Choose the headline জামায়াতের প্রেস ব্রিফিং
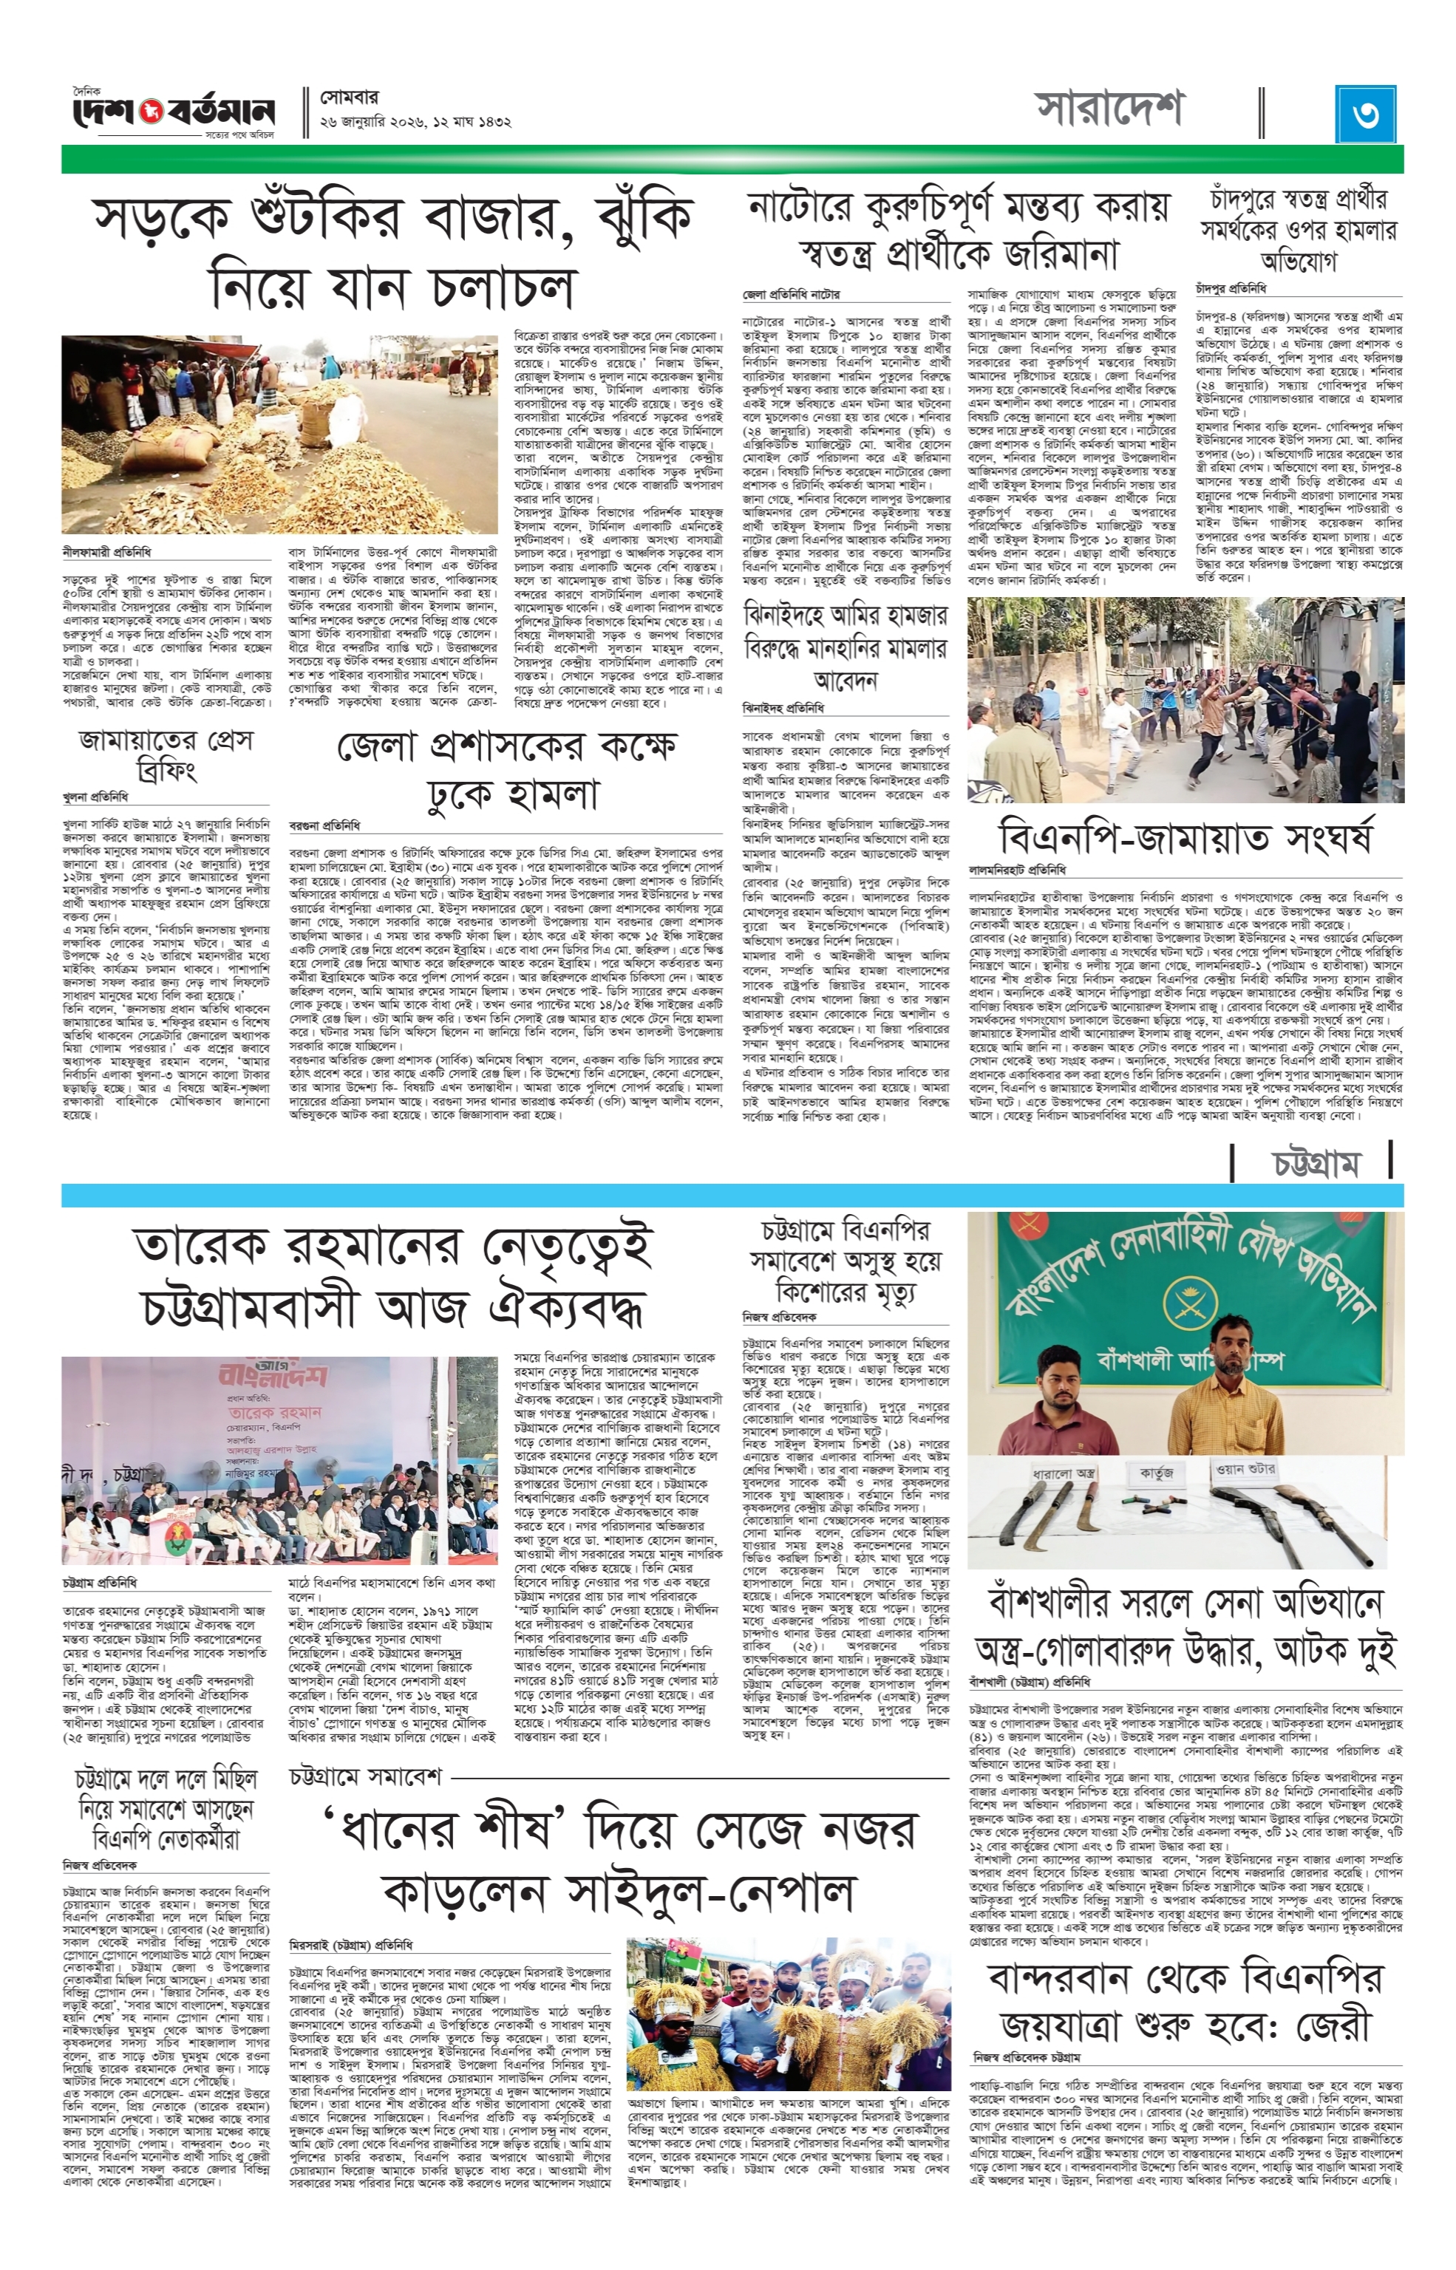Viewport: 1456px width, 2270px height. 166,755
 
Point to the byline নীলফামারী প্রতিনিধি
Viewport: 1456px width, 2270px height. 107,550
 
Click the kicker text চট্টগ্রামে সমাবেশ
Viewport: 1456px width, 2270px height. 366,1778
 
